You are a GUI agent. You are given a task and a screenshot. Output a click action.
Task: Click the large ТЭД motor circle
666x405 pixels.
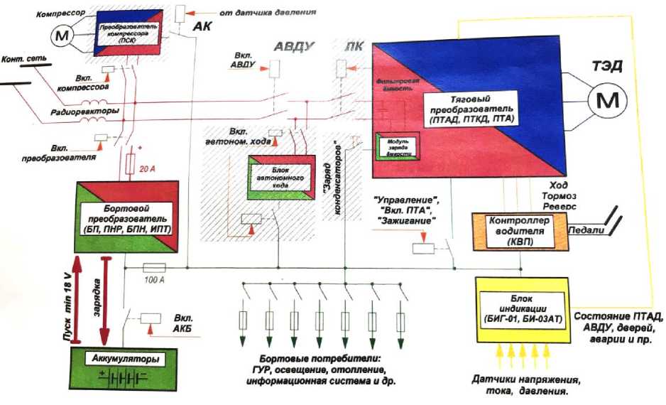pyautogui.click(x=608, y=102)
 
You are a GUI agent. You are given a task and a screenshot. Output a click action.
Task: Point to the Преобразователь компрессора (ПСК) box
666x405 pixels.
pyautogui.click(x=129, y=33)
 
